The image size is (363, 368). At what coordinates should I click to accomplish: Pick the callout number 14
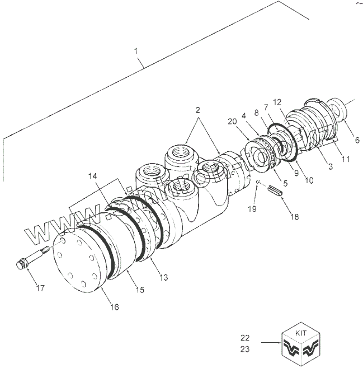pos(92,178)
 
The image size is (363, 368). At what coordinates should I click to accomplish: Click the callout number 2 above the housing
pos(197,110)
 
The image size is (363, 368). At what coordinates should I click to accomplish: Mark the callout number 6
pos(357,139)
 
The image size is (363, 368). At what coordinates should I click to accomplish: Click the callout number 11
pos(346,159)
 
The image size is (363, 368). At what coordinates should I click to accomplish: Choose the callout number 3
pos(331,167)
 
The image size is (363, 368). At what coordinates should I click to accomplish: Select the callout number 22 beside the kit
pos(245,338)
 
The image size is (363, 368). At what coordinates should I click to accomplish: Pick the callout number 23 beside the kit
pos(245,348)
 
